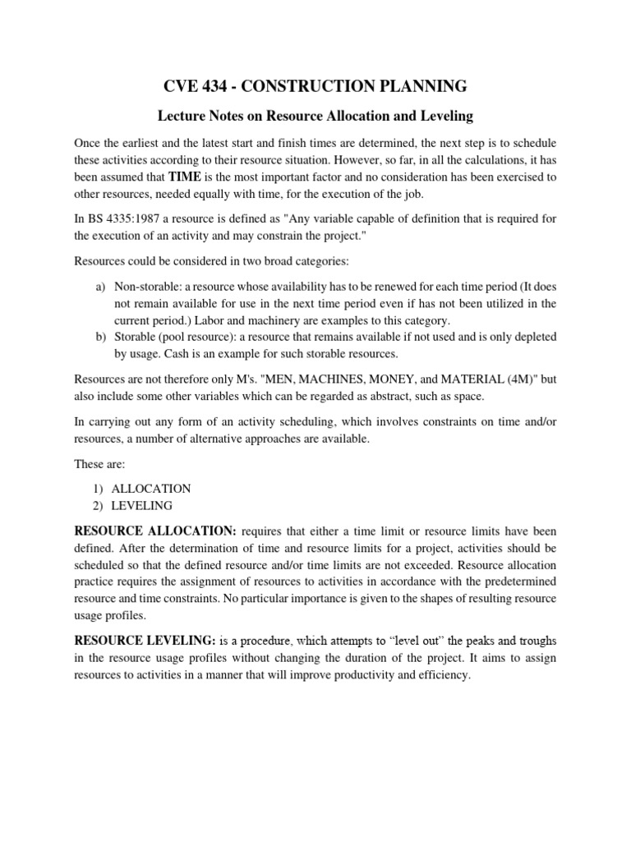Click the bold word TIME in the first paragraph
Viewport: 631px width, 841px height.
pyautogui.click(x=186, y=176)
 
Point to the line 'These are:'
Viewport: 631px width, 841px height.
pyautogui.click(x=99, y=464)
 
